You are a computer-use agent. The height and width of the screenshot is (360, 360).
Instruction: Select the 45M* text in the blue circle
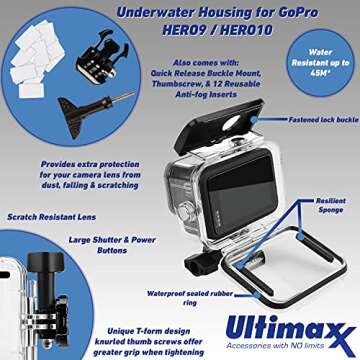pos(320,73)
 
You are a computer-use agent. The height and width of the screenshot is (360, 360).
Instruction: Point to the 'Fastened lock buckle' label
pos(323,120)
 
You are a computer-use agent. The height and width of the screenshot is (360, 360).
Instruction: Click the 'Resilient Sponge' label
pos(330,205)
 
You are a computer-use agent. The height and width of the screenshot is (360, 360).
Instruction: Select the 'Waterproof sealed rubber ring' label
pos(190,298)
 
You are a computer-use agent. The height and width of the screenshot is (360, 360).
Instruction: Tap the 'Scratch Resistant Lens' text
pos(52,217)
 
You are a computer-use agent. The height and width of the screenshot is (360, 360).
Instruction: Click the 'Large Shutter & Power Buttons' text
pos(112,245)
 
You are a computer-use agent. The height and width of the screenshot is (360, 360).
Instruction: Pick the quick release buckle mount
pos(102,56)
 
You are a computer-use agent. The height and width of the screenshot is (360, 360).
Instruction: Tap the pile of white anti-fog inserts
pos(37,59)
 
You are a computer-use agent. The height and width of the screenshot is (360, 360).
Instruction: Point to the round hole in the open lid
pos(232,123)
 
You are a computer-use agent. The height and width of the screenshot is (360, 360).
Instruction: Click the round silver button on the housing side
pos(183,212)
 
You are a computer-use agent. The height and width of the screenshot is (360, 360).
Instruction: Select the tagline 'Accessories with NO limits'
pos(275,345)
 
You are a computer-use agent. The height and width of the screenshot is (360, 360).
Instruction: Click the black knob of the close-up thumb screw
pos(46,261)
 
